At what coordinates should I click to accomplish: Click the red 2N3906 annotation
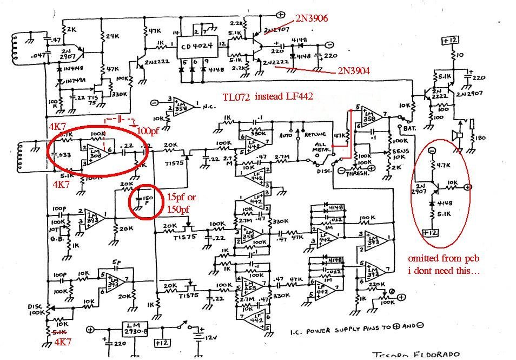311,18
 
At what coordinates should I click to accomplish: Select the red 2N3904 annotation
354,70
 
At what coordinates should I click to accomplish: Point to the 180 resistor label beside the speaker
480,138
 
